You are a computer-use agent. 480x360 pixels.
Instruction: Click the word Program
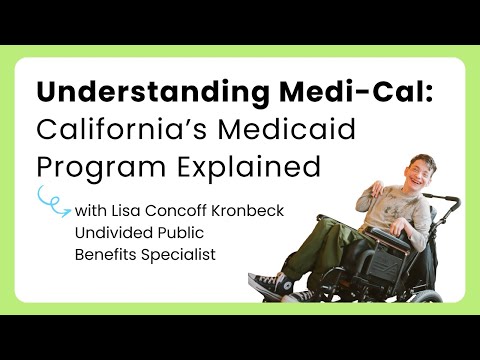[x=101, y=167]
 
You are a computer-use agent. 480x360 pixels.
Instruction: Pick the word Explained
[x=248, y=166]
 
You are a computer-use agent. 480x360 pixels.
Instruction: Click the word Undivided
[x=114, y=232]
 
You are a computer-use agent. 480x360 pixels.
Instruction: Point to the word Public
[x=180, y=232]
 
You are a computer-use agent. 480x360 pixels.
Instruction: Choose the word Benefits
[x=106, y=254]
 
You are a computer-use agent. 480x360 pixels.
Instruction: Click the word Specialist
[x=178, y=255]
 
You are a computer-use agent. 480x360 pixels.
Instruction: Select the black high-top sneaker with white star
[x=271, y=285]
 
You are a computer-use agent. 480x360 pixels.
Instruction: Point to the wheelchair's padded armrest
[x=387, y=237]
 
